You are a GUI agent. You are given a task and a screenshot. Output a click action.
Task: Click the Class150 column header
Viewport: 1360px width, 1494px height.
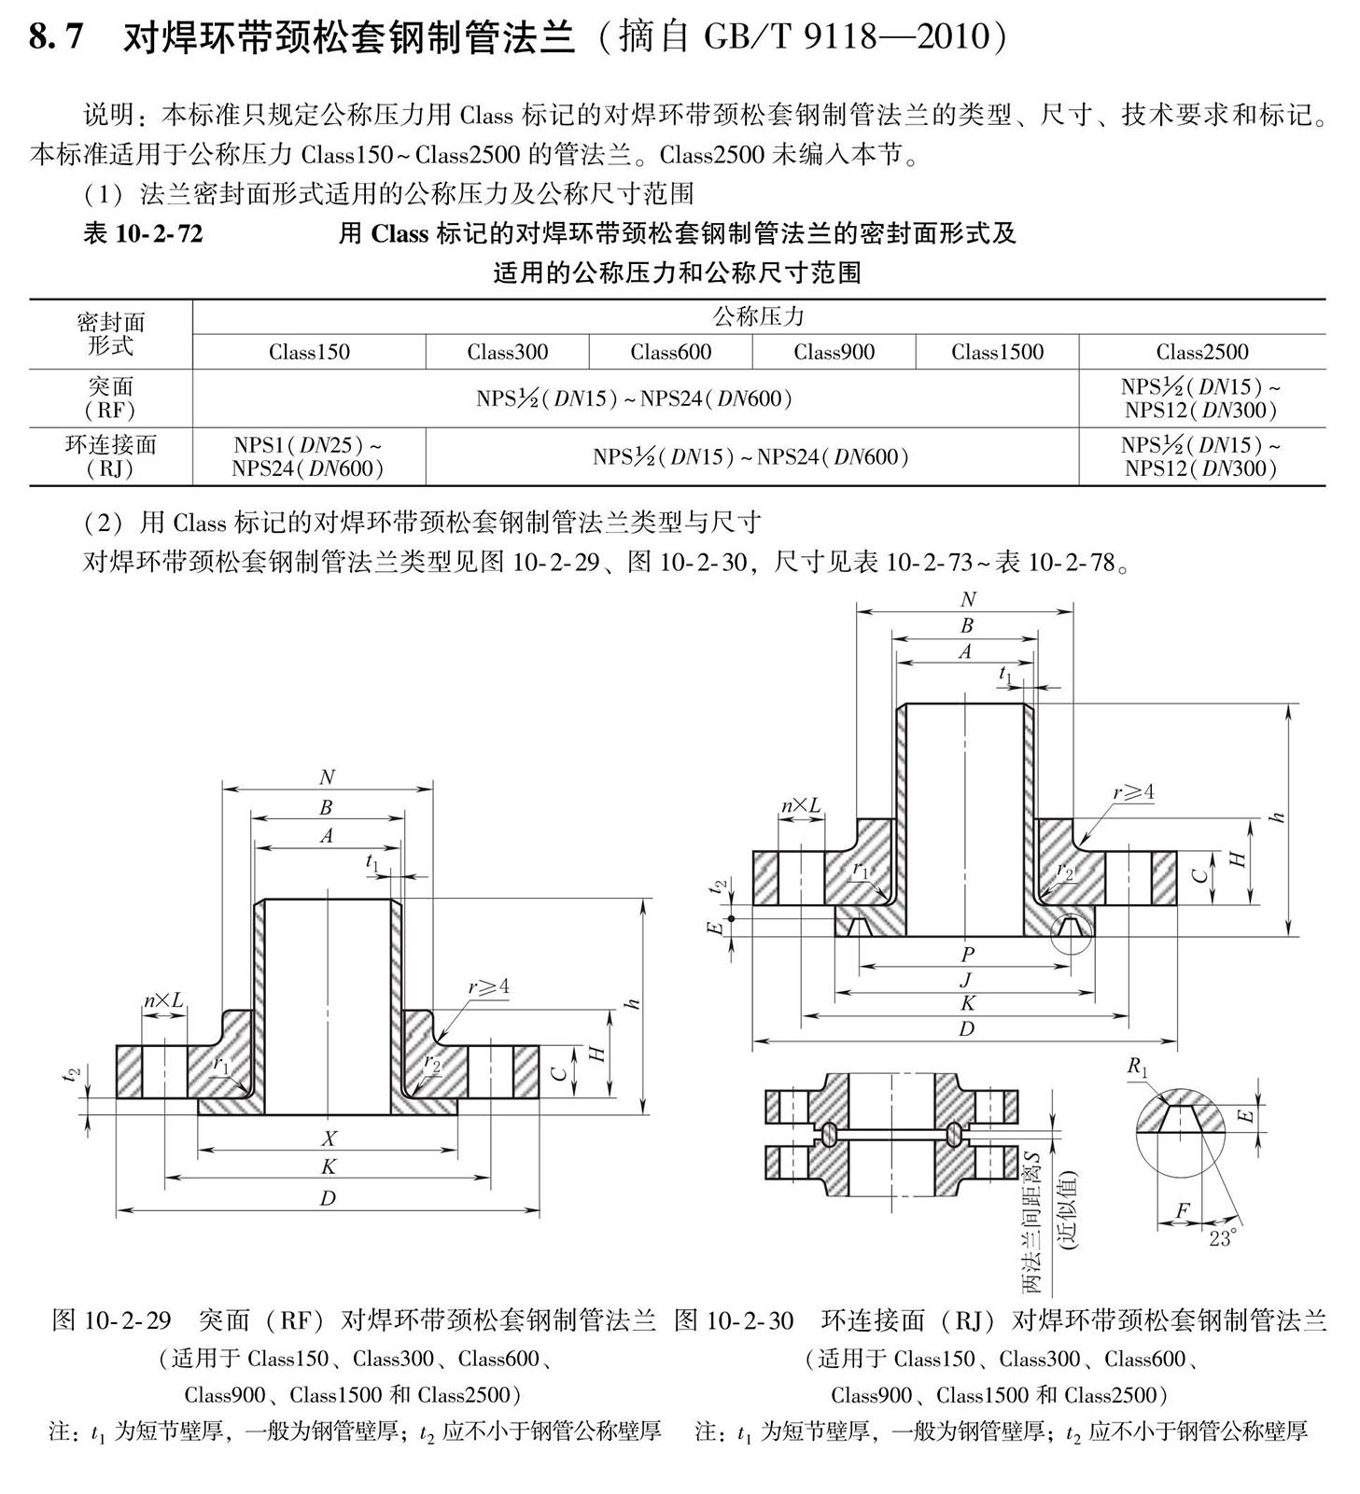point(309,352)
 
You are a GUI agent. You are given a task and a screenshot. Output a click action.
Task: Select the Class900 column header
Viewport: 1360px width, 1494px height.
point(834,352)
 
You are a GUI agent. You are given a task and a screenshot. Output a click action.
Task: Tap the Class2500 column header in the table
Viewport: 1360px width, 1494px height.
point(1202,352)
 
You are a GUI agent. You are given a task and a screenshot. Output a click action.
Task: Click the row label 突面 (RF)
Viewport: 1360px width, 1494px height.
point(110,398)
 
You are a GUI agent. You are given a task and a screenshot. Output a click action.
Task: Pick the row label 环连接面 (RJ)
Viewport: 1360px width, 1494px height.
point(110,456)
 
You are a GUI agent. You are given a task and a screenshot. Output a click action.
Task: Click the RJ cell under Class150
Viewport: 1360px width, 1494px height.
point(308,456)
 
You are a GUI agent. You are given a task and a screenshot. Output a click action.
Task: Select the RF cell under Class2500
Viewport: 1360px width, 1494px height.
point(1201,398)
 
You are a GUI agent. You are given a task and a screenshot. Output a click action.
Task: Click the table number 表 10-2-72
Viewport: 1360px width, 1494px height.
point(143,233)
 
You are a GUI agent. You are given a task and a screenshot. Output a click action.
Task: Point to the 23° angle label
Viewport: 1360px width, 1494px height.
point(1222,1238)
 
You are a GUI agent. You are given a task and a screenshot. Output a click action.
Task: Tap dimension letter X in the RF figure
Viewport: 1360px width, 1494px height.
point(329,1138)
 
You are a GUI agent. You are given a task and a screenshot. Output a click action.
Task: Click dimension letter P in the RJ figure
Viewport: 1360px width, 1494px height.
point(967,955)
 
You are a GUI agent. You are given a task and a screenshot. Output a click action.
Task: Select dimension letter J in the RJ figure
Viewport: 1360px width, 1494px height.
point(965,979)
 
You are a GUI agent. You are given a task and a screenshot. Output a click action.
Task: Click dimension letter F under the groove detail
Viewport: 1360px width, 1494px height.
point(1182,1210)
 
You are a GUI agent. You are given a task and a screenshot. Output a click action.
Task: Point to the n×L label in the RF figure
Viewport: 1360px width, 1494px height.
point(162,1000)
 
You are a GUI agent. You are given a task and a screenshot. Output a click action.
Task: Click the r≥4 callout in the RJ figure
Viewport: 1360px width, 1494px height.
point(1133,792)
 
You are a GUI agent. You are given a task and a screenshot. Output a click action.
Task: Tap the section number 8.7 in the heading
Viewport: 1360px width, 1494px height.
point(57,37)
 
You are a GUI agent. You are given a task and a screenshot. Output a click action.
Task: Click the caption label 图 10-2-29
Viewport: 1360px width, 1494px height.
point(112,1319)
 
